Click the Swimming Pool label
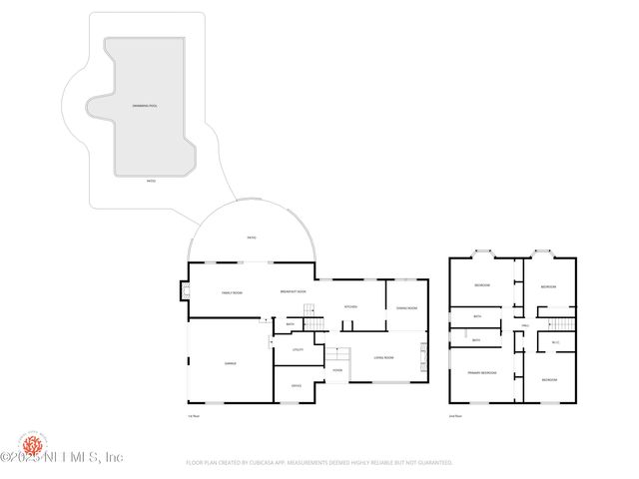[144, 105]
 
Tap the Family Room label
[232, 292]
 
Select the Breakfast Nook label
[292, 292]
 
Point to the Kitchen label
[350, 306]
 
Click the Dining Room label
[406, 307]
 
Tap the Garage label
[230, 364]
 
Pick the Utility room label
[298, 349]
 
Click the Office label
[297, 384]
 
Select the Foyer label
[337, 370]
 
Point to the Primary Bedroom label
[481, 372]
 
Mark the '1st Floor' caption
[194, 415]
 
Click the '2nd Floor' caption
[455, 415]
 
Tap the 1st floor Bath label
[291, 324]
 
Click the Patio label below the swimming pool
[151, 182]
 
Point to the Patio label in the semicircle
[252, 237]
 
